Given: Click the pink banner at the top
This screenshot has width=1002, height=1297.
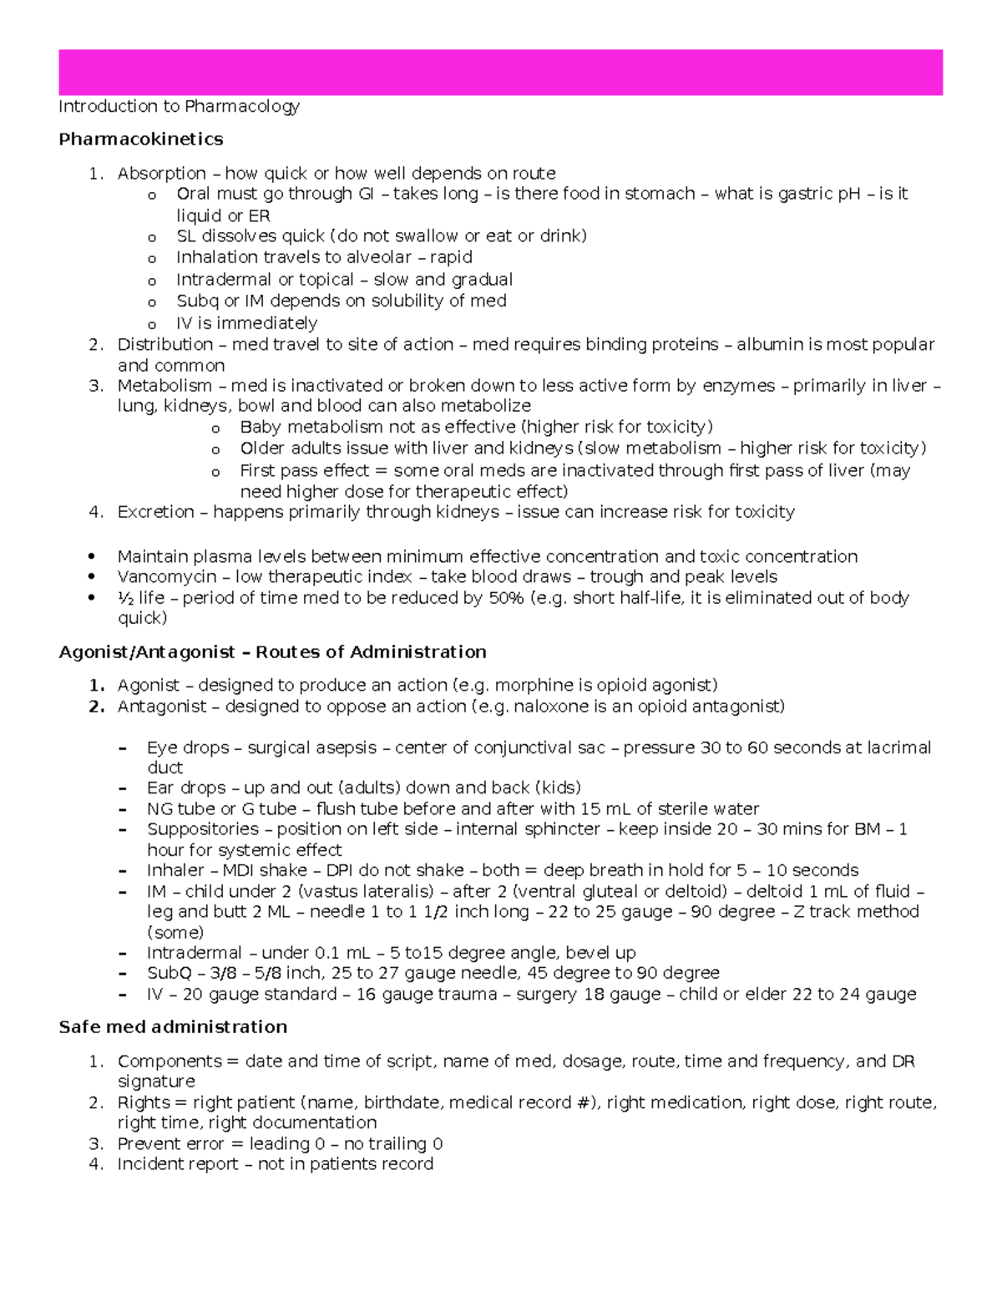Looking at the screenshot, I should coord(500,73).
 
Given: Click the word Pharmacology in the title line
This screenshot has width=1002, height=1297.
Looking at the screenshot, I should coord(242,106).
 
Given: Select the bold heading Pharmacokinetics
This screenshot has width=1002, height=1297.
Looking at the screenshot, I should coord(141,139).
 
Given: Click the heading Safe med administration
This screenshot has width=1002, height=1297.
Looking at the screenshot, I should coord(173,1026).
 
